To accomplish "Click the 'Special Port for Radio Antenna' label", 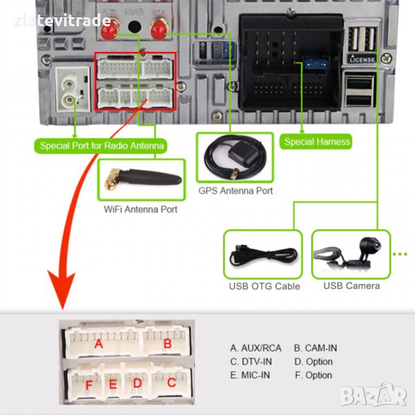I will point(102,145).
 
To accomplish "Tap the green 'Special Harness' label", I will point(317,142).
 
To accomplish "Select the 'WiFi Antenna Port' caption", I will point(140,208).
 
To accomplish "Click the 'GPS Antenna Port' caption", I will point(235,190).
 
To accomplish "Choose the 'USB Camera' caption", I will point(351,286).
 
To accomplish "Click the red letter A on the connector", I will point(99,343).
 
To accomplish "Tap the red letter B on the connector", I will point(167,343).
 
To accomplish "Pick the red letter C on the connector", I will point(170,382).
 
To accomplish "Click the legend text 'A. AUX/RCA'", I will point(256,348).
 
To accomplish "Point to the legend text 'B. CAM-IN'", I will point(315,348).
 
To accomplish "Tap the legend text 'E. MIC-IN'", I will point(250,375).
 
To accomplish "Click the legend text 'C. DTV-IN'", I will point(252,361).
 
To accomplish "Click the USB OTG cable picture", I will point(263,255).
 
